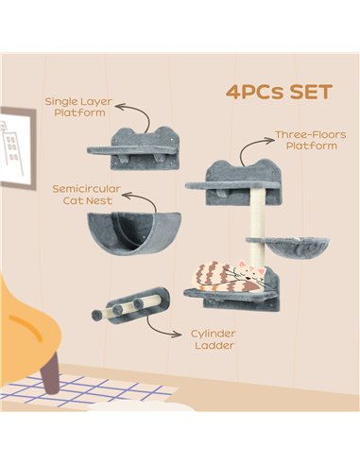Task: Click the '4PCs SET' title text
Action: coord(279,92)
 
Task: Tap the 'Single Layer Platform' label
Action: coord(78,107)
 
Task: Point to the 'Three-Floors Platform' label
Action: coord(311,140)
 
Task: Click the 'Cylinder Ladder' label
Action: coord(214,339)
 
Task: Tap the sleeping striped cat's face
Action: coord(250,273)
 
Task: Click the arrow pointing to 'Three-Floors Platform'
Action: coord(249,147)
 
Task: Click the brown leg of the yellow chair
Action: coord(50,372)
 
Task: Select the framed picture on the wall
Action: coord(16,147)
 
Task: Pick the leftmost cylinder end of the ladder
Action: coord(96,316)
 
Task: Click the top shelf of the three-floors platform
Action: coord(232,185)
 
